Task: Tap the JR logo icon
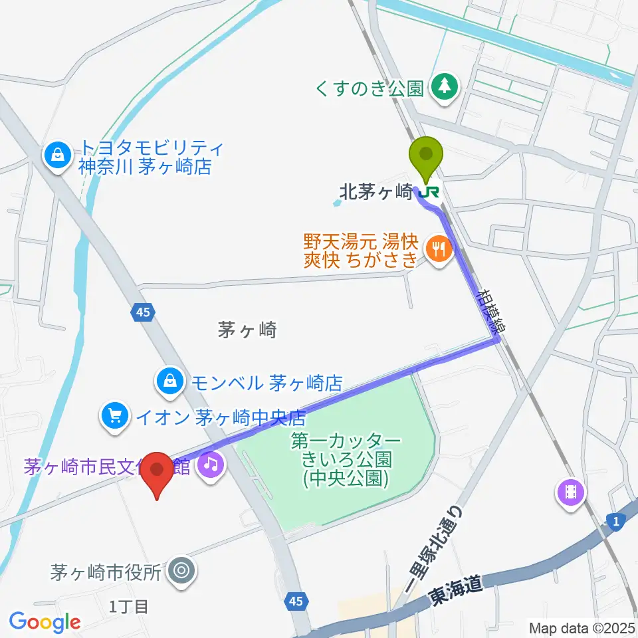(430, 191)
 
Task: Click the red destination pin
(158, 470)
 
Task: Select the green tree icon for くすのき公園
(441, 86)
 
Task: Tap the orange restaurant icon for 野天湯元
(439, 249)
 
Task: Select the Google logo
(45, 621)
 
